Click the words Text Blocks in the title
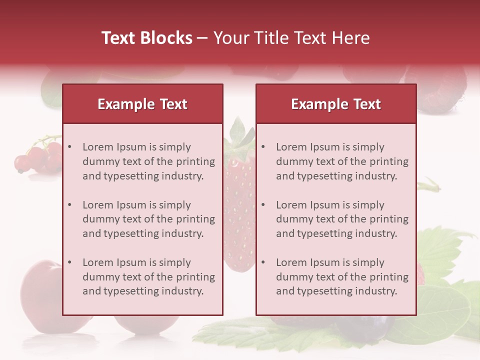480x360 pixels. pos(147,38)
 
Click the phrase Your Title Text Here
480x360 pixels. pos(291,38)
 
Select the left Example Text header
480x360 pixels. pos(142,104)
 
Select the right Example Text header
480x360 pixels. pos(336,104)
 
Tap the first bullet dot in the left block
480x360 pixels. pos(70,147)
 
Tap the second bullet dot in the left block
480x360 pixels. pos(70,205)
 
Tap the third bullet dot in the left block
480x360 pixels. pos(70,262)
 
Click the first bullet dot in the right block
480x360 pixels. pos(263,147)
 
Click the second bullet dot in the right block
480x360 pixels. pos(263,205)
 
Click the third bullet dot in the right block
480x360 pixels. pos(263,262)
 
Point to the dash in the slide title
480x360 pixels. pos(202,38)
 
